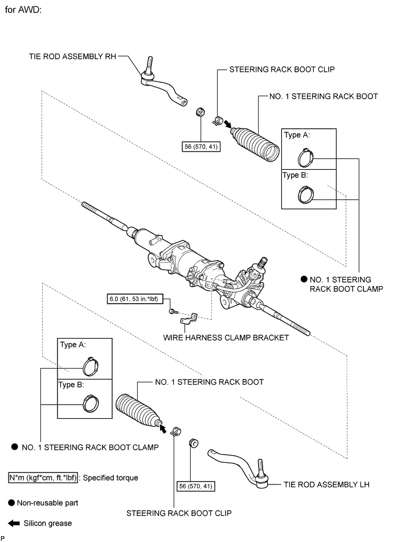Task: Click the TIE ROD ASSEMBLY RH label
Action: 72,56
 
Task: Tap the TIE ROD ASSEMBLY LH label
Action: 326,484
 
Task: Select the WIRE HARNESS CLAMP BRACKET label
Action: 226,338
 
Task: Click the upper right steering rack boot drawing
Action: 255,144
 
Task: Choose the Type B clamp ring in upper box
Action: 306,194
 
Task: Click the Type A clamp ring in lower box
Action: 91,366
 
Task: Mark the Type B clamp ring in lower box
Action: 91,404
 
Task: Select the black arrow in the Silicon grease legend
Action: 14,523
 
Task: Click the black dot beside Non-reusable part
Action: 11,503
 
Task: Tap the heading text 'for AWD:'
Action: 23,10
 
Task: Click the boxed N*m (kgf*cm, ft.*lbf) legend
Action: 43,478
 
